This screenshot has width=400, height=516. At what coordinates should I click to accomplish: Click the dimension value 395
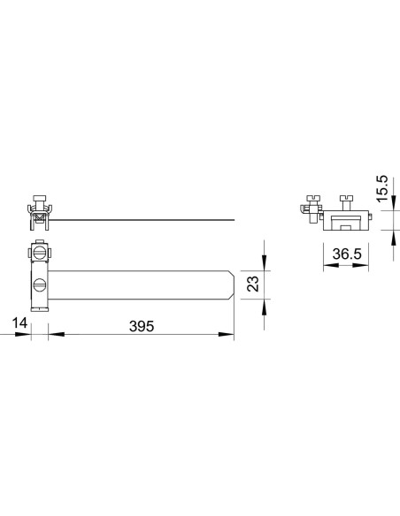tap(141, 326)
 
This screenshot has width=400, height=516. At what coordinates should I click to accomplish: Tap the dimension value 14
tap(19, 326)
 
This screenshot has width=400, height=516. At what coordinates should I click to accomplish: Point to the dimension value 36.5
tap(344, 255)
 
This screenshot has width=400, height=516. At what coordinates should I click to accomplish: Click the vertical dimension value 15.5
tap(382, 187)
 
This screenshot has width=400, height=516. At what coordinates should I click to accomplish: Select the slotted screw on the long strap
tap(42, 285)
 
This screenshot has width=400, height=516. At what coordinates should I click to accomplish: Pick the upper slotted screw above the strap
tap(41, 253)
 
